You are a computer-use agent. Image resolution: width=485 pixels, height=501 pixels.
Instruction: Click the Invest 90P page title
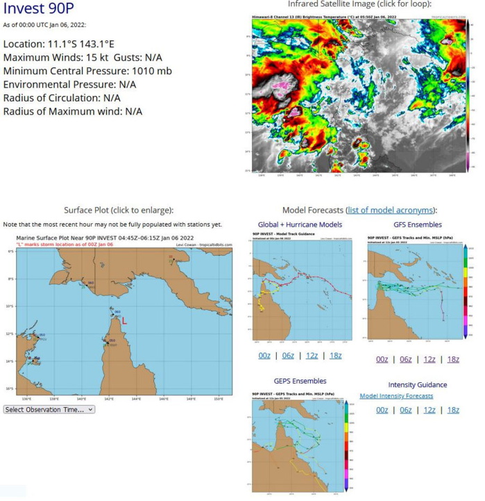click(40, 10)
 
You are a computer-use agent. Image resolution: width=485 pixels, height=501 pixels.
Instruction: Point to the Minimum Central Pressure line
click(87, 71)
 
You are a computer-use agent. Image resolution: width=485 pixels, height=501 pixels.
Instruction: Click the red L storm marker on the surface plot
click(124, 321)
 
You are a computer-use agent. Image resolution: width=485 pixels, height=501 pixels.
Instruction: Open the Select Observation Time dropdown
click(49, 409)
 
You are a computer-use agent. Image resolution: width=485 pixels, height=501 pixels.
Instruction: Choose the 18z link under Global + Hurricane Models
click(336, 356)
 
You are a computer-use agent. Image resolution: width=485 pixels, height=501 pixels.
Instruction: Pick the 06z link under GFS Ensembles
click(405, 359)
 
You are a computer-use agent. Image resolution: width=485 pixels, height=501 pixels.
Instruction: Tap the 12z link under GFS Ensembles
click(429, 359)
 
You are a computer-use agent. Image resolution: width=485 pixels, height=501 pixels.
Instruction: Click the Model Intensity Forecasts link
click(396, 396)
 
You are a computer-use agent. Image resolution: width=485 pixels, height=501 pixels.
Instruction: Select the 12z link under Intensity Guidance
click(429, 410)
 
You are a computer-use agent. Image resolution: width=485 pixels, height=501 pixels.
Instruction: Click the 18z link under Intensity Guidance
click(453, 410)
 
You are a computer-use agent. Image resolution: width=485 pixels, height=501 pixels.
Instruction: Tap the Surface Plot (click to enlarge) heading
click(118, 211)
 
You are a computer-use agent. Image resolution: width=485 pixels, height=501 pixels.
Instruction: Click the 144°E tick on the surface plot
click(136, 398)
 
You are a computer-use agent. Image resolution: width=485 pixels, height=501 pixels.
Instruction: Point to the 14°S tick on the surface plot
click(10, 361)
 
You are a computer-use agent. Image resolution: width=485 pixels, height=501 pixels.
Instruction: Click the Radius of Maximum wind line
click(73, 111)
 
